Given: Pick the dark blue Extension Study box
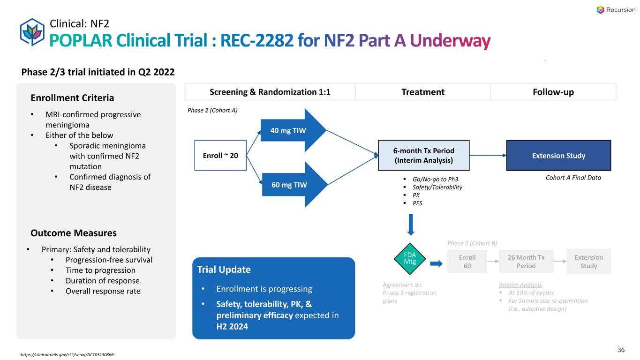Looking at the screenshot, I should click(558, 156).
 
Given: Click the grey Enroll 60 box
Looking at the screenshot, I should click(467, 261).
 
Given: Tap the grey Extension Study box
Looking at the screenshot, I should click(588, 261).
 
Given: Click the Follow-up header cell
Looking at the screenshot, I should click(553, 92).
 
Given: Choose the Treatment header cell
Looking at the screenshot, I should click(423, 92).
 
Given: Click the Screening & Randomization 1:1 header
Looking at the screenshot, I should click(270, 92).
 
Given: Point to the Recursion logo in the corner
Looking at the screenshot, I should click(616, 10).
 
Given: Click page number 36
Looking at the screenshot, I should click(621, 350).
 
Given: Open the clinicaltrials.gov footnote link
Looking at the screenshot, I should click(68, 354).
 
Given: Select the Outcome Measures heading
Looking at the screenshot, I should click(74, 233).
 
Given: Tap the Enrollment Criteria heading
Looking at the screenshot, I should click(72, 98).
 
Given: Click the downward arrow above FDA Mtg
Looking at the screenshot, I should click(411, 225).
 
